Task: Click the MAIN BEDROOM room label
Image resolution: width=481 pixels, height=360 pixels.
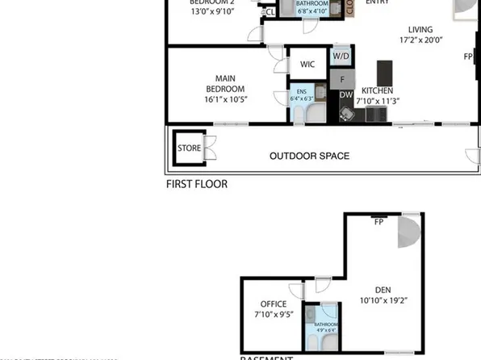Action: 214,83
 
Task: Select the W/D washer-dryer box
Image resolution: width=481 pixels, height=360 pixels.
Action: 341,57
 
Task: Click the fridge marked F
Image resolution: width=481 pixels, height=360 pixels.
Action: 342,79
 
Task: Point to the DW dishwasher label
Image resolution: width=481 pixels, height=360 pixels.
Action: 345,95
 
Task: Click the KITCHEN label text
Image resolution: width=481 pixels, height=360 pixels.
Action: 377,90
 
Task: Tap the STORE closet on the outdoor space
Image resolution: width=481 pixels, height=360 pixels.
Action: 189,148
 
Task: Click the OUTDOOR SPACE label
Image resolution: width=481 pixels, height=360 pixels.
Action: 309,156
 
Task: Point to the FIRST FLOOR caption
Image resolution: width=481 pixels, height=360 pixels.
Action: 196,184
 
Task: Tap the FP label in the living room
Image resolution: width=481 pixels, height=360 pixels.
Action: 468,57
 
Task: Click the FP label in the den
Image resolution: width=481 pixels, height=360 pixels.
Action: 377,219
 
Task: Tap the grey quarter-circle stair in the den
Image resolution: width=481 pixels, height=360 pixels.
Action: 409,233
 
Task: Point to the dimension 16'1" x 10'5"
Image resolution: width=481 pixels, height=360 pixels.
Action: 214,99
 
